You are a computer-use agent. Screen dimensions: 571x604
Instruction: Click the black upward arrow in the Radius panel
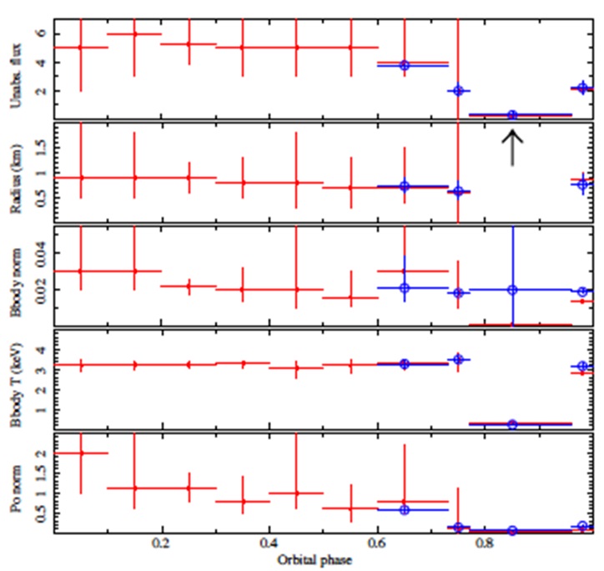[512, 148]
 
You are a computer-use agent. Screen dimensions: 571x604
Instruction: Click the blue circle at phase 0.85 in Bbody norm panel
[512, 290]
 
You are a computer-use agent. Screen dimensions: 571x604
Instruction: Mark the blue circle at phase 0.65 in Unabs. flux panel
[405, 65]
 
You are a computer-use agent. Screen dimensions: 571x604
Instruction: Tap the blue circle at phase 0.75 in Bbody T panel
[457, 359]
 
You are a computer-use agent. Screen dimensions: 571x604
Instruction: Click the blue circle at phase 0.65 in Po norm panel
[405, 509]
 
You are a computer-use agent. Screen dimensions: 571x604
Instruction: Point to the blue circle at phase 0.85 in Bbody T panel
[512, 424]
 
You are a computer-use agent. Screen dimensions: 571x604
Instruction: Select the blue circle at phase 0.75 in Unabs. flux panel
[457, 90]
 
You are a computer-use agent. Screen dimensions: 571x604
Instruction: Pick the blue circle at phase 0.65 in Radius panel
[405, 186]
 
